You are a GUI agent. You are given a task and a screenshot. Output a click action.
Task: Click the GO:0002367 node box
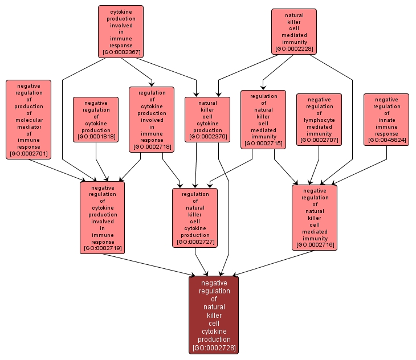point(120,31)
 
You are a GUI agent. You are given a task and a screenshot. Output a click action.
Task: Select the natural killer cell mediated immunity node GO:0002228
point(293,31)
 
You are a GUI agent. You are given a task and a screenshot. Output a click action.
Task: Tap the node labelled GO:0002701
point(28,118)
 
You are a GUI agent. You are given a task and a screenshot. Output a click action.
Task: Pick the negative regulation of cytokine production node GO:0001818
point(96,119)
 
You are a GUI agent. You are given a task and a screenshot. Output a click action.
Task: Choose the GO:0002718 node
point(151,119)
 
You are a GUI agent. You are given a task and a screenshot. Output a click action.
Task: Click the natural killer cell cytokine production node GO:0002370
point(207,118)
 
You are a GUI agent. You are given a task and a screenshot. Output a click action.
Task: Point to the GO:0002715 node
point(263,119)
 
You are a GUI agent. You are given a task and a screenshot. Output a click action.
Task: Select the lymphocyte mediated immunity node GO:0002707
point(319,119)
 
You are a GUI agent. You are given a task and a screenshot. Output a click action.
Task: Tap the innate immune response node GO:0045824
point(386,119)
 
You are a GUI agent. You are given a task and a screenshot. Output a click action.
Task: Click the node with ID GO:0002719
point(103,217)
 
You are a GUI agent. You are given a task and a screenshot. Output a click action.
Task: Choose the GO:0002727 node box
point(195,218)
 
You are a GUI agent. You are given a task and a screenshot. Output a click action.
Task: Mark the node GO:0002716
point(315,217)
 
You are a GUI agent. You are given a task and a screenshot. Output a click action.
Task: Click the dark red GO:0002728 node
point(214,314)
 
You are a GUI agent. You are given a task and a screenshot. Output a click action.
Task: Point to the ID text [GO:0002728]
point(214,347)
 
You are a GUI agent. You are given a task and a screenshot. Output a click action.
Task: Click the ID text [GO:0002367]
point(120,53)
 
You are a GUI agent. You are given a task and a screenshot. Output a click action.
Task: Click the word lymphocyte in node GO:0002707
point(319,120)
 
